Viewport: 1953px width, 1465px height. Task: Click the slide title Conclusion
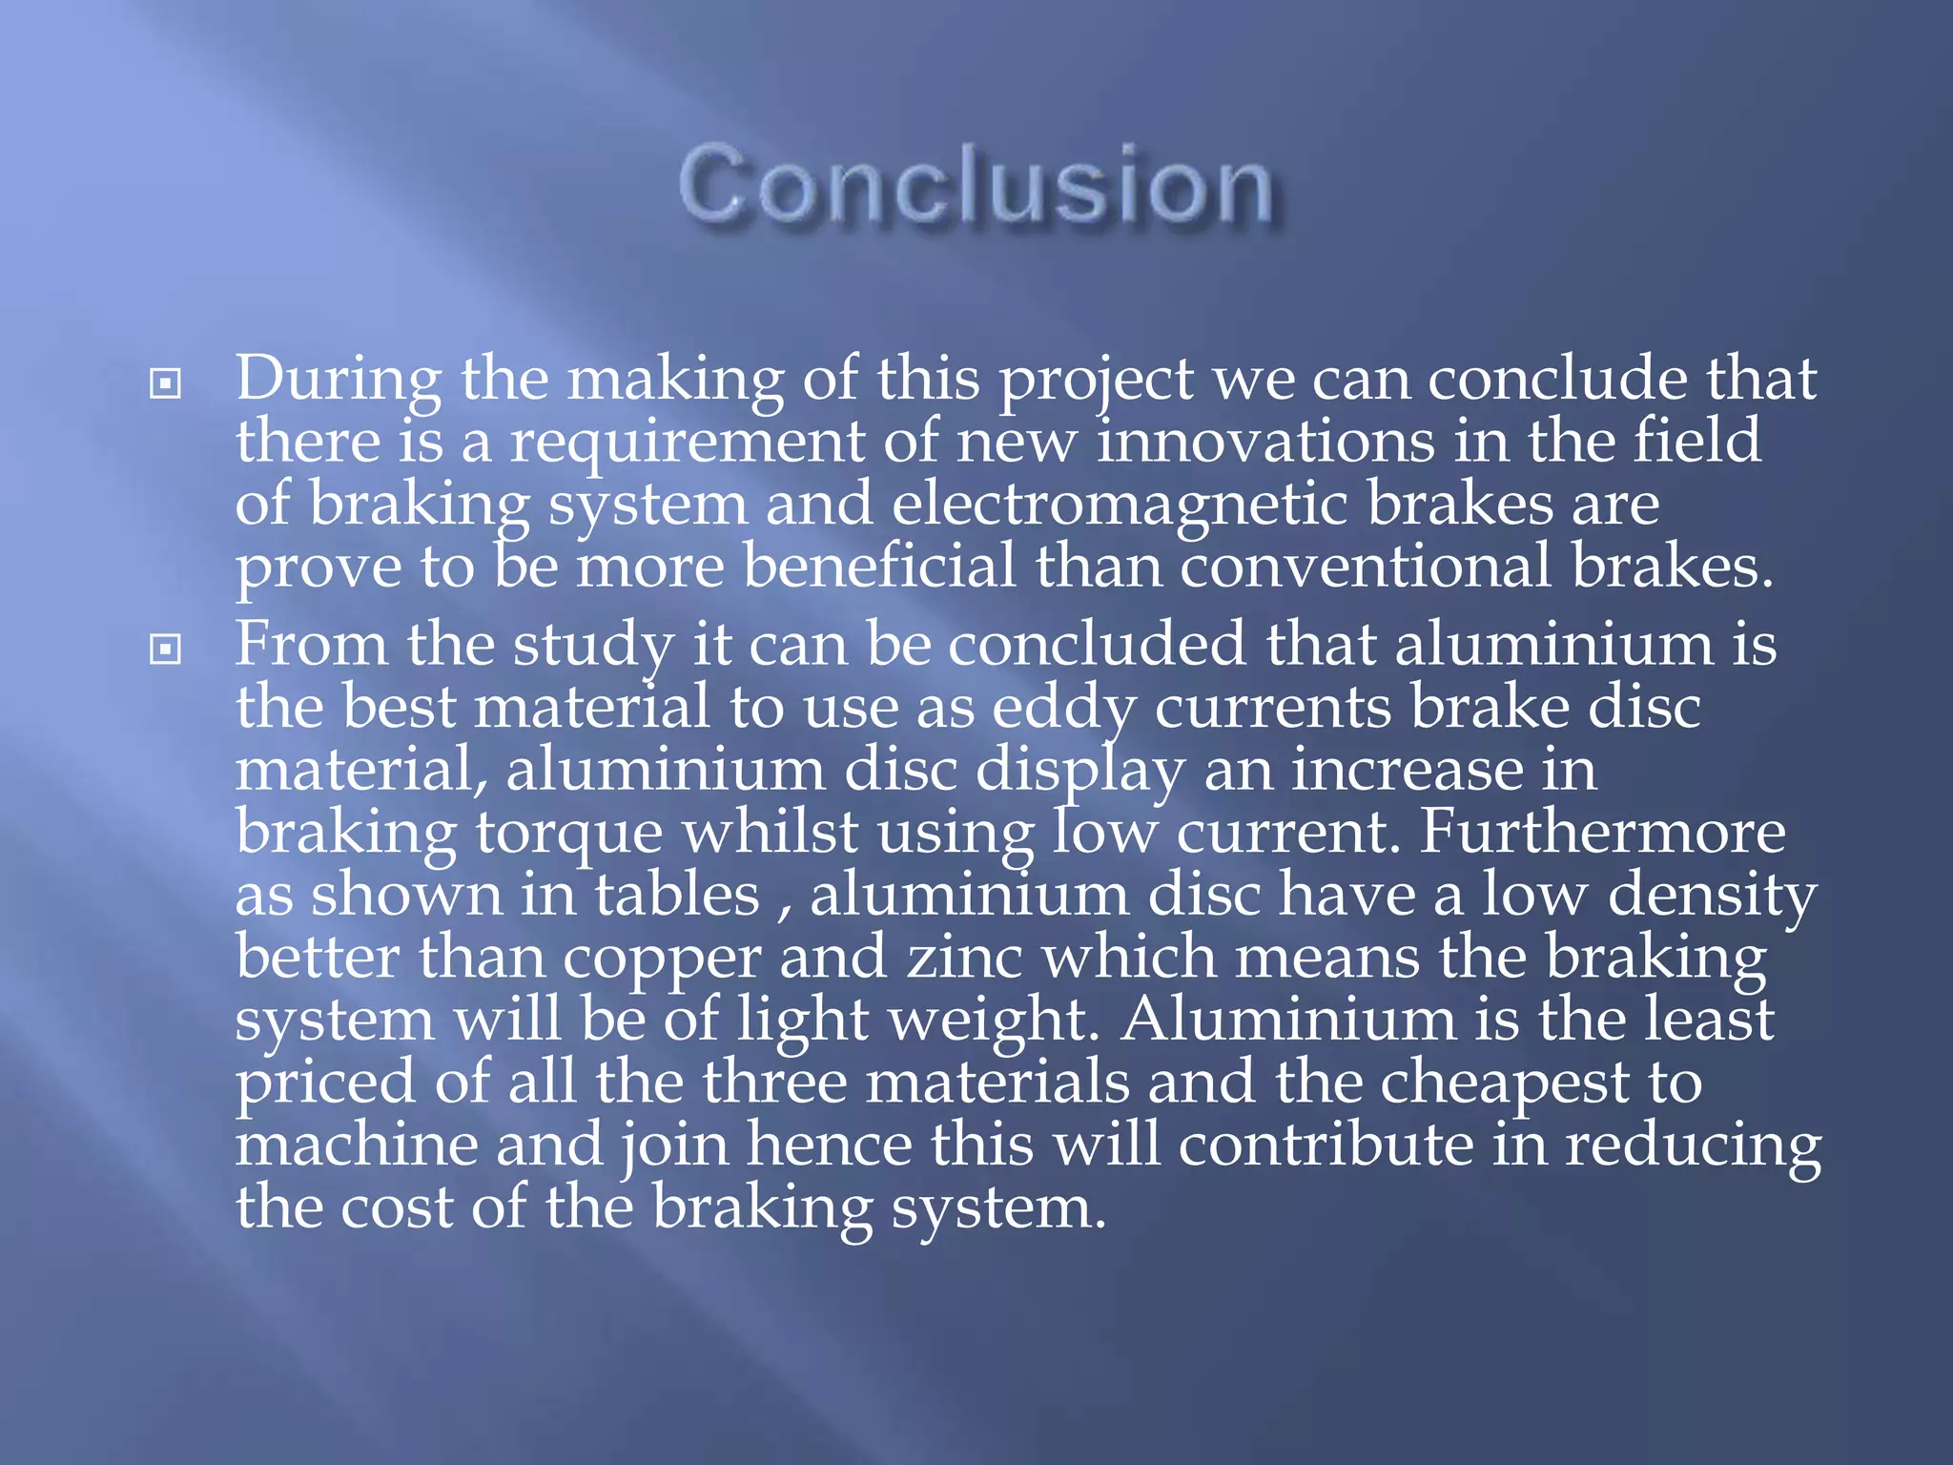coord(976,185)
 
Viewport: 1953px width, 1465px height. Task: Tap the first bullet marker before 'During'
coord(166,384)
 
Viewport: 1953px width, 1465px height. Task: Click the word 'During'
coord(339,379)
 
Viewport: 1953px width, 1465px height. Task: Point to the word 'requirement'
coord(686,442)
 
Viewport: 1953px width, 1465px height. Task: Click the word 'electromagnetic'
coord(1120,504)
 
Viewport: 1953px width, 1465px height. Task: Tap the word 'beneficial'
coord(879,567)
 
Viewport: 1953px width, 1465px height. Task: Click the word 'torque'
coord(569,834)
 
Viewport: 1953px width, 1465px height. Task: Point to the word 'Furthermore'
coord(1602,832)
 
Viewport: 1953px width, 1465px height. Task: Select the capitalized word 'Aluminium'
coord(1288,1020)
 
